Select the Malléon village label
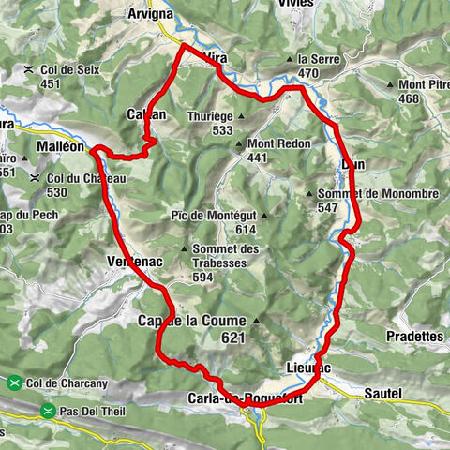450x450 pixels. (x=63, y=147)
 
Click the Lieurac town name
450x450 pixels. (x=307, y=367)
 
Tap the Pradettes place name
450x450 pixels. (x=413, y=336)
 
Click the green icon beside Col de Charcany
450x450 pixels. (x=15, y=382)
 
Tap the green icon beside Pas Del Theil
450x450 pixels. (x=46, y=410)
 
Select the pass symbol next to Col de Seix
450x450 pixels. (x=30, y=68)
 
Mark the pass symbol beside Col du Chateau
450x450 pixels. (x=35, y=178)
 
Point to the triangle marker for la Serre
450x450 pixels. (x=288, y=59)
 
